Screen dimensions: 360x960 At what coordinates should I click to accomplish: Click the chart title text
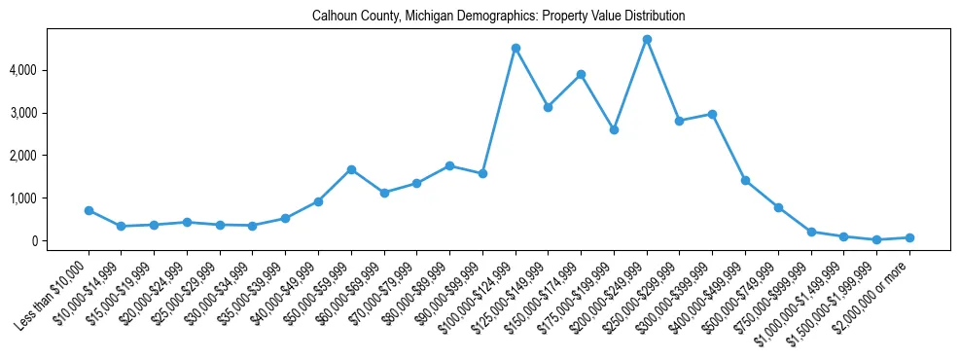(499, 16)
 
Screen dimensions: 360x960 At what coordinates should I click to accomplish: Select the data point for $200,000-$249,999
(647, 40)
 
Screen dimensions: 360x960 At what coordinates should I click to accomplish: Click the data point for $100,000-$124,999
(516, 48)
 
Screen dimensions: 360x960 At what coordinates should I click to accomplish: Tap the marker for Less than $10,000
(89, 210)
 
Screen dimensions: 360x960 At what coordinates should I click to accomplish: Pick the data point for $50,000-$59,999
(351, 169)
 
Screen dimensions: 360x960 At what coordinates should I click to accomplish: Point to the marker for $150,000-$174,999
(581, 74)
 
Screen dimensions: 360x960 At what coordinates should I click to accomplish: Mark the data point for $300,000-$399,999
(712, 114)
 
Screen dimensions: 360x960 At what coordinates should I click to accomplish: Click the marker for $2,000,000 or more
(909, 237)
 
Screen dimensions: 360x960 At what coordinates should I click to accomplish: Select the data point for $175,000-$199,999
(614, 129)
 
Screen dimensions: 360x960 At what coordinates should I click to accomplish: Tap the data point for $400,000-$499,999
(745, 180)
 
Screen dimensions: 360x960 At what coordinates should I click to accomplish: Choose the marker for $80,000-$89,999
(449, 165)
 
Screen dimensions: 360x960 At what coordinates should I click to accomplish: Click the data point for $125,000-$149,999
(549, 107)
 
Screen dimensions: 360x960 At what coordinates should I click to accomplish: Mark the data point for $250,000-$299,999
(679, 121)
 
